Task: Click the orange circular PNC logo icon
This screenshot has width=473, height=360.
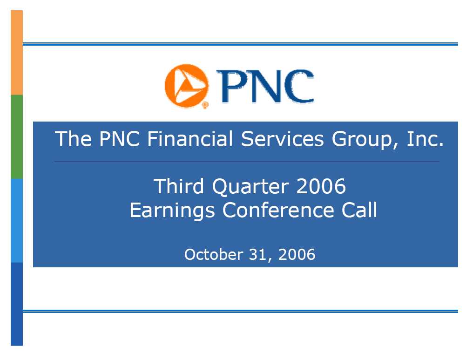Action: click(x=186, y=86)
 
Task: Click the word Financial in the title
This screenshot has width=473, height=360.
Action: click(x=190, y=139)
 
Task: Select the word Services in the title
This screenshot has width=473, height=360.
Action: click(x=282, y=139)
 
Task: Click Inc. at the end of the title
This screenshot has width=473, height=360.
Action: click(x=426, y=139)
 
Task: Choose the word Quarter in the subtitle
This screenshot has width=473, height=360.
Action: click(x=250, y=186)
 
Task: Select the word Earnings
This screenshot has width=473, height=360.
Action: click(x=172, y=211)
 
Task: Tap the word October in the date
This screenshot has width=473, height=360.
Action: click(x=214, y=254)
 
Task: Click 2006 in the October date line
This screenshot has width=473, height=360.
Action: click(x=297, y=254)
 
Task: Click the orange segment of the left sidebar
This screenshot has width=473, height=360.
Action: click(x=17, y=53)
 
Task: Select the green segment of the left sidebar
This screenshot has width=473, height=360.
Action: click(x=17, y=137)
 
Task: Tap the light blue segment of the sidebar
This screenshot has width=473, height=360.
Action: click(x=17, y=221)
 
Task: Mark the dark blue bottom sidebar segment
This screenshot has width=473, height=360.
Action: click(x=17, y=304)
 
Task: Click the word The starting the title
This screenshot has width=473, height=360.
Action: click(x=73, y=139)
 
